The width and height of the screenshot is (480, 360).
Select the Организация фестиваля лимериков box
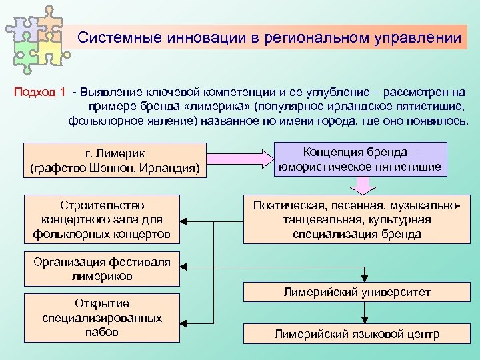point(102,268)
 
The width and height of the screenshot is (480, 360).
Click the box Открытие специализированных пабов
point(102,318)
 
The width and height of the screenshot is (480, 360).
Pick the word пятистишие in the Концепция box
point(409,166)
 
